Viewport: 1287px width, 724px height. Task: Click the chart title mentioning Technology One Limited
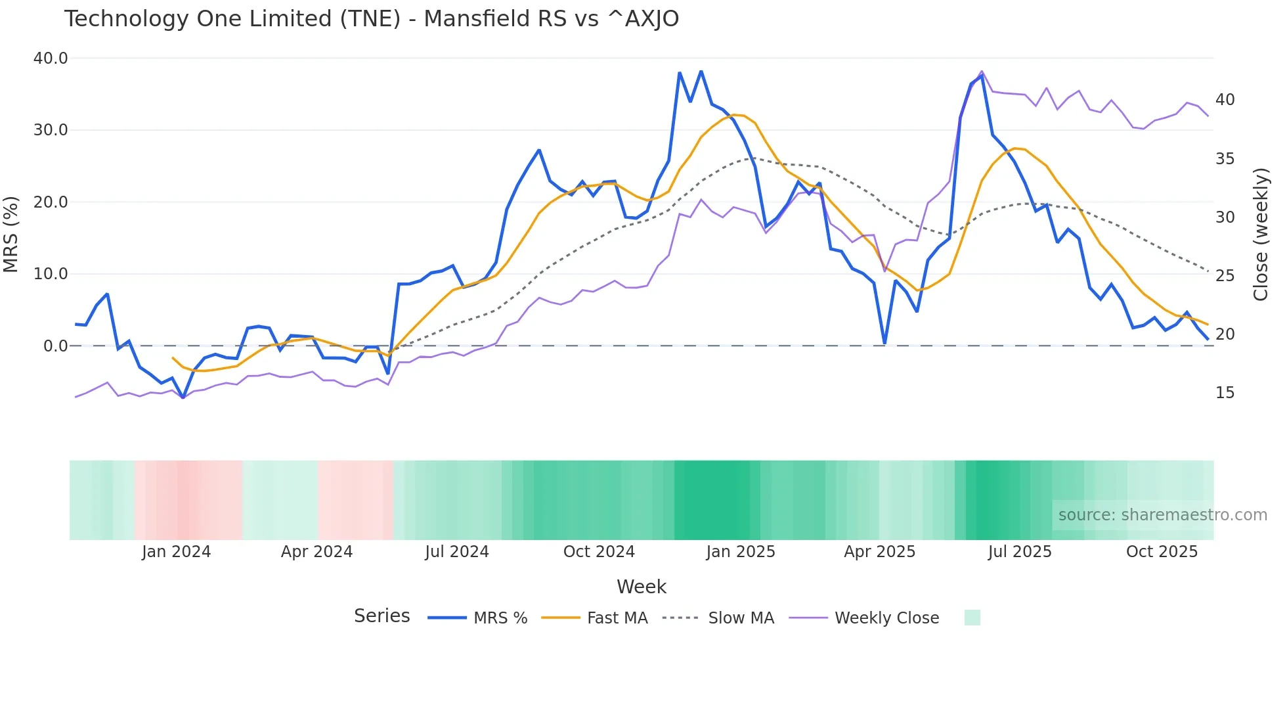click(x=371, y=19)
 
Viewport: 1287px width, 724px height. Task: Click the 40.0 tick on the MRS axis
click(x=51, y=58)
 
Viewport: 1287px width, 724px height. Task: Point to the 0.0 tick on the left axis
click(x=56, y=346)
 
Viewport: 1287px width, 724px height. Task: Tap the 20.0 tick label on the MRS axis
click(x=51, y=202)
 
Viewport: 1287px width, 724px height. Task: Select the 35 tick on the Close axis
click(x=1225, y=159)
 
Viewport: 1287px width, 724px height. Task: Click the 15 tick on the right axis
click(x=1225, y=393)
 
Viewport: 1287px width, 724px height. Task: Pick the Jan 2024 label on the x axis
click(x=176, y=552)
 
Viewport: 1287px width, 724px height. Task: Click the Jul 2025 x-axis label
click(x=1020, y=552)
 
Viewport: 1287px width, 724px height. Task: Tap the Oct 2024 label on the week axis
click(x=599, y=552)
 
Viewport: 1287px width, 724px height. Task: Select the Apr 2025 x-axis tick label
click(x=879, y=552)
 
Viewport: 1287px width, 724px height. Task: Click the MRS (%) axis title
click(x=11, y=234)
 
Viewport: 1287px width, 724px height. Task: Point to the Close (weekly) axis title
click(x=1261, y=234)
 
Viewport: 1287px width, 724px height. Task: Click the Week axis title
click(x=642, y=587)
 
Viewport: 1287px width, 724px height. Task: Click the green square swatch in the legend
click(x=972, y=618)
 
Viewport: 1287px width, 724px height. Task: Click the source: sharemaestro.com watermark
click(x=1162, y=515)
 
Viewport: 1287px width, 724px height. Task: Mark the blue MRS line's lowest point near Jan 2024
click(x=183, y=397)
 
